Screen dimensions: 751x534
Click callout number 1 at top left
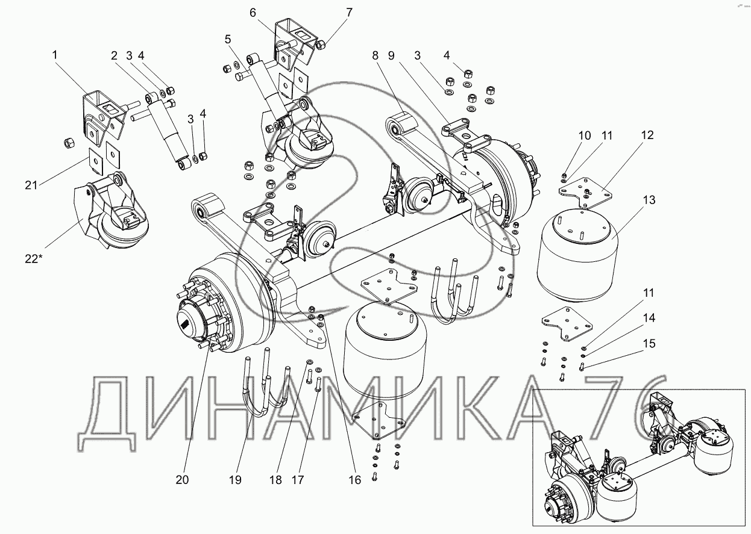point(55,55)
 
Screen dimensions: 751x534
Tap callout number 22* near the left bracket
point(34,259)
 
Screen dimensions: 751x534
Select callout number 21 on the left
point(31,185)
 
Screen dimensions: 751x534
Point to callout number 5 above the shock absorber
point(228,40)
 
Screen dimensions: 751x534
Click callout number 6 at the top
point(253,13)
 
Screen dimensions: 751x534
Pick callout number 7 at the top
point(350,13)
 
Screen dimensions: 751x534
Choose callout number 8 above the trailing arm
point(375,55)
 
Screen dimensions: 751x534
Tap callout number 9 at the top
point(391,55)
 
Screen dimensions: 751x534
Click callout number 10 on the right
point(585,135)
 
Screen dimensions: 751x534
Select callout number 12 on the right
point(647,135)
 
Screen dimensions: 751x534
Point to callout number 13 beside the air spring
point(649,200)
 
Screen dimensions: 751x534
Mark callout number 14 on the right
point(649,318)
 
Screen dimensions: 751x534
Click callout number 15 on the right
point(649,344)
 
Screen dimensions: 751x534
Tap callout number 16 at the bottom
point(355,480)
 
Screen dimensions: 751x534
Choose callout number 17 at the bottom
point(298,480)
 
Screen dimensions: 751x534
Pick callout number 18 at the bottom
point(275,480)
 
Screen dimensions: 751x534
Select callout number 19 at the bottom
point(235,480)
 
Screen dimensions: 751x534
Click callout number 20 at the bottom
point(183,480)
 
